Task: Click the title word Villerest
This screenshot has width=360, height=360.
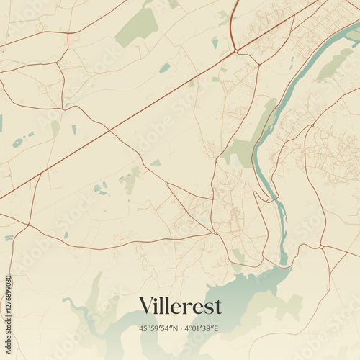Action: tap(180, 305)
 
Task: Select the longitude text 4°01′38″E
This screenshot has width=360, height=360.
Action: tap(202, 329)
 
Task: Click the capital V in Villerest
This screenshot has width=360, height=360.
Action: tap(146, 305)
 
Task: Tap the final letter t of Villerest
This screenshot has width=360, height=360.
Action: tap(217, 306)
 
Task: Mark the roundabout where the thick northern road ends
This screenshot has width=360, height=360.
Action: tap(235, 51)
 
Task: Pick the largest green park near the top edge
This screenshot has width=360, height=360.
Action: tap(138, 27)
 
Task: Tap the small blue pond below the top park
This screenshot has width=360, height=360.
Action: tap(165, 68)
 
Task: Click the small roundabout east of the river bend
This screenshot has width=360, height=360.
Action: tap(312, 125)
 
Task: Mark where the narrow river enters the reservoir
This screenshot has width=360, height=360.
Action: tap(284, 264)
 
